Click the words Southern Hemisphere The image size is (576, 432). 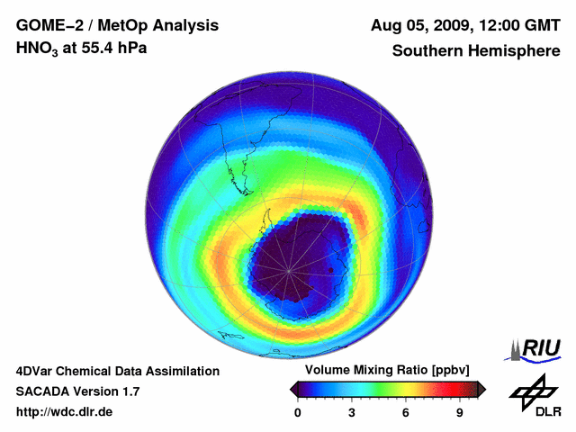click(476, 51)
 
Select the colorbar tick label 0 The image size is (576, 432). click(297, 412)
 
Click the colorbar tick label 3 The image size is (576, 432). click(351, 412)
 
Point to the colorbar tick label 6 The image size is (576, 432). click(406, 412)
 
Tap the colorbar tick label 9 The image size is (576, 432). click(459, 412)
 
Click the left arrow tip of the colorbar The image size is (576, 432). click(292, 389)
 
